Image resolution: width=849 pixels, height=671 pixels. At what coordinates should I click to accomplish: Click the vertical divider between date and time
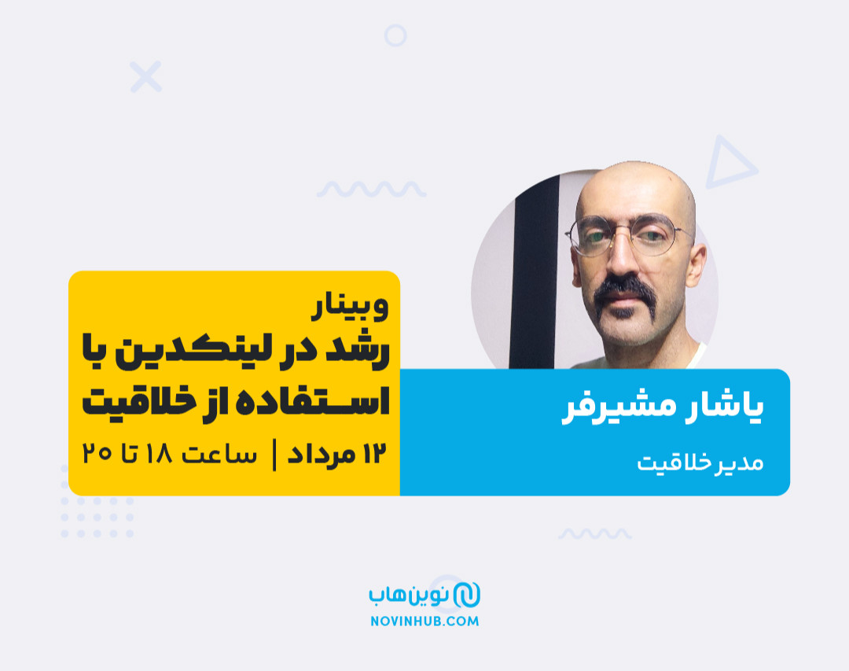coord(274,455)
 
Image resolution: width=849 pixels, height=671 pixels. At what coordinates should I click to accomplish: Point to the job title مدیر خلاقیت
coord(700,463)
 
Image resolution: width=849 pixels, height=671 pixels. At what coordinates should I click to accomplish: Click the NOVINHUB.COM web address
coord(424,621)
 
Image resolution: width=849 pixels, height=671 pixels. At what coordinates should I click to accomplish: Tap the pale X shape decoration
coord(146,76)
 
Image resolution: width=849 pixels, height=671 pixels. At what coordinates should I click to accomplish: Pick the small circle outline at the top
coord(395,35)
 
